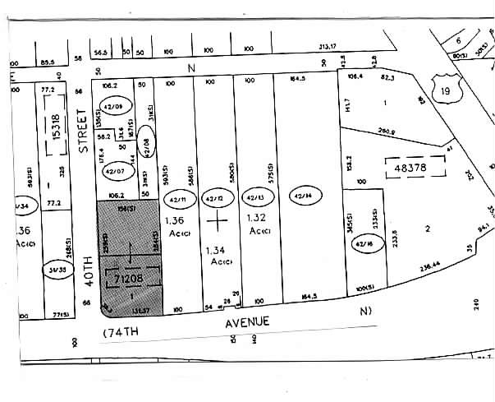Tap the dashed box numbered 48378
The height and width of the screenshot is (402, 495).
pyautogui.click(x=414, y=168)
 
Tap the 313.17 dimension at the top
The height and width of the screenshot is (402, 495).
pyautogui.click(x=328, y=47)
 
